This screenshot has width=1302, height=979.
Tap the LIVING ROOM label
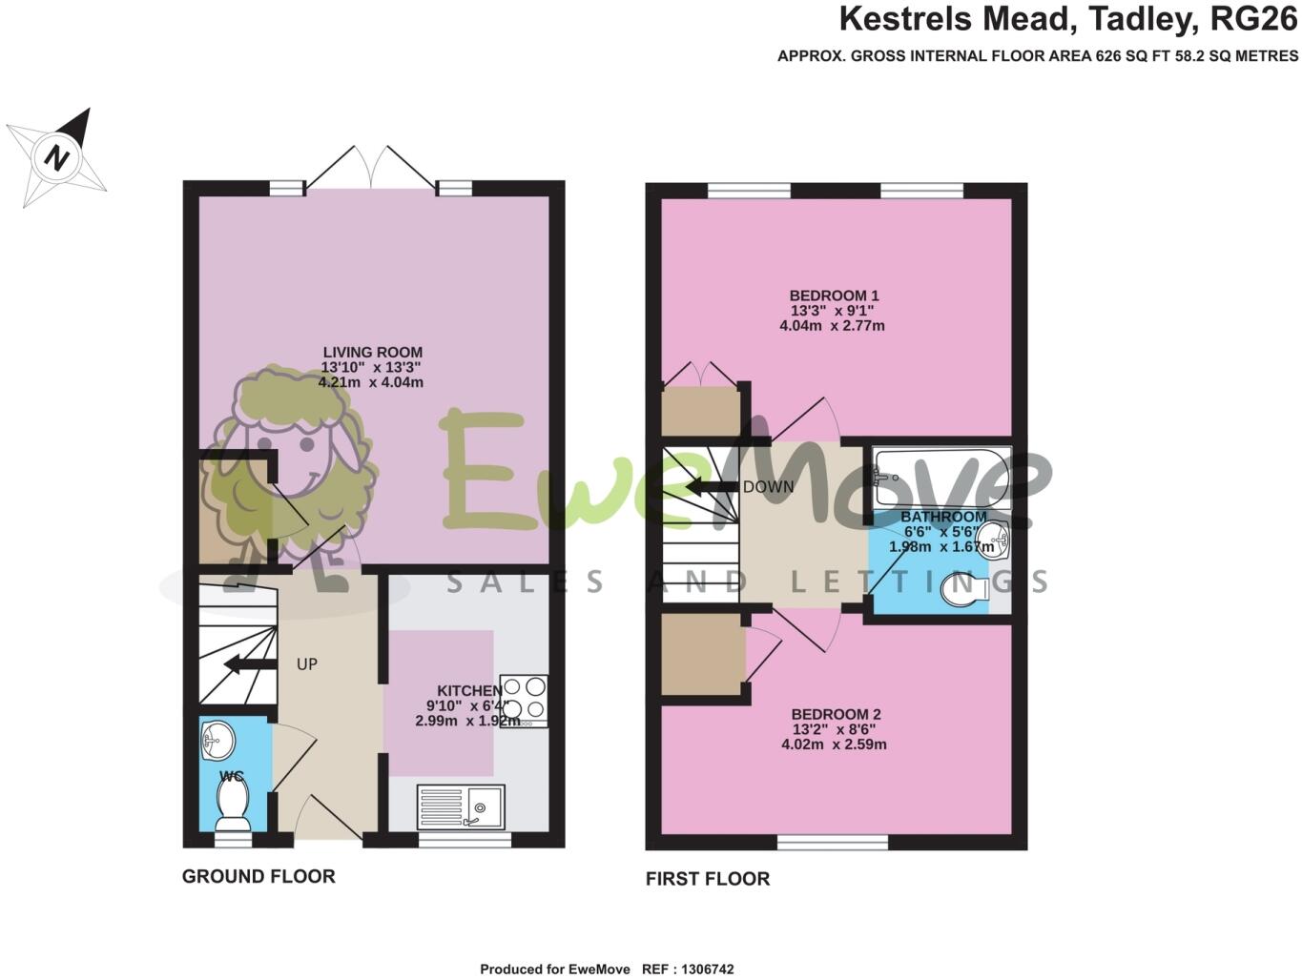click(x=372, y=352)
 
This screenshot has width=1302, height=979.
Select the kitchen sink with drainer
click(x=461, y=807)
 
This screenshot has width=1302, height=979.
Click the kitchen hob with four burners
click(x=525, y=700)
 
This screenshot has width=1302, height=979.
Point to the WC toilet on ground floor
click(x=233, y=804)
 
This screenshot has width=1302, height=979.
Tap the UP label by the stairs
click(x=306, y=663)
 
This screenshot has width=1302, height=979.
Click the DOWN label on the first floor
click(x=768, y=486)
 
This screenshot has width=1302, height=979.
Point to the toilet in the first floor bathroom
click(x=964, y=591)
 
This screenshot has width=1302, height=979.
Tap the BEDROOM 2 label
click(x=836, y=714)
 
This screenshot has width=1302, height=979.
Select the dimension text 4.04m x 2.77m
click(x=832, y=326)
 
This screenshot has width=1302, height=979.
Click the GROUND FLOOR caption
click(x=258, y=876)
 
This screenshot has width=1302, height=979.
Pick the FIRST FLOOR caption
click(x=707, y=879)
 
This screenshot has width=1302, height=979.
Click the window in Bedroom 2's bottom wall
click(x=832, y=842)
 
